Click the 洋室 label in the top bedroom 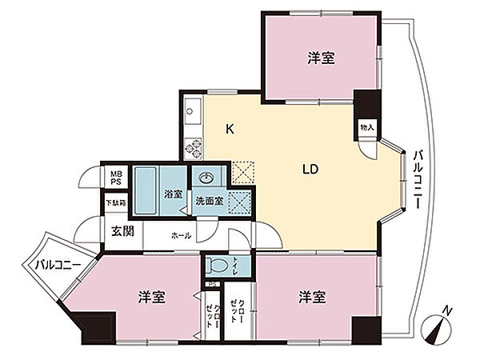320,58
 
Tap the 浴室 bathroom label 174,194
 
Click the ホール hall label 180,236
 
